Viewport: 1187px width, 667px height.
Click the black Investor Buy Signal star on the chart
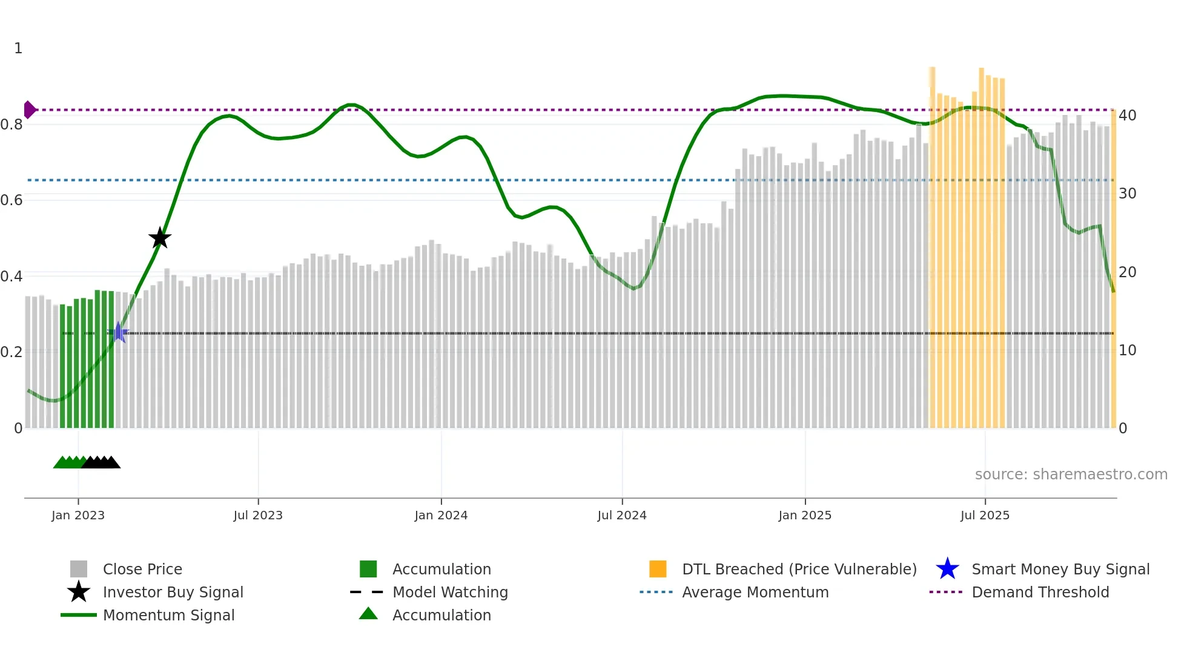point(160,238)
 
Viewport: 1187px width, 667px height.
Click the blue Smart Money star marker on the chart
point(119,332)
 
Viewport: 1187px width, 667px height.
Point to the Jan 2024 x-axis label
point(441,515)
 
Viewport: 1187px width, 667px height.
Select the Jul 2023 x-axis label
point(258,515)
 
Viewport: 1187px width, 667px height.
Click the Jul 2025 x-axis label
point(985,515)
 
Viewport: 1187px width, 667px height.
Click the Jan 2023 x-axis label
point(78,515)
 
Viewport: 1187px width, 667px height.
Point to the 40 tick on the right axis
point(1127,115)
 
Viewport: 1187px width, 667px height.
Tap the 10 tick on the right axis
point(1127,350)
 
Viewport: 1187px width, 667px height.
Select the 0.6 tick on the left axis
point(12,200)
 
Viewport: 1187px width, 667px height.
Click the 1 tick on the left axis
point(18,48)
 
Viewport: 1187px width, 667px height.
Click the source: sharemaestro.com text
point(1071,474)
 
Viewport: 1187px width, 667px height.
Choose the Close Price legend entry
point(142,569)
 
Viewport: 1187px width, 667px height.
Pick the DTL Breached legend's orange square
point(658,569)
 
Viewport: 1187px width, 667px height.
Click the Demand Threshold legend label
point(1040,592)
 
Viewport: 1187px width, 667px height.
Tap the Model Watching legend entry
point(450,592)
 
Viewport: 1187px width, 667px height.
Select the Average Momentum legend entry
point(755,592)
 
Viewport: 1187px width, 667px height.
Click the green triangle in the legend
point(368,614)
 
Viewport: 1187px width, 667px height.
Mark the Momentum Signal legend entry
point(168,615)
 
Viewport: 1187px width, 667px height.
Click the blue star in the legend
point(947,569)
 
